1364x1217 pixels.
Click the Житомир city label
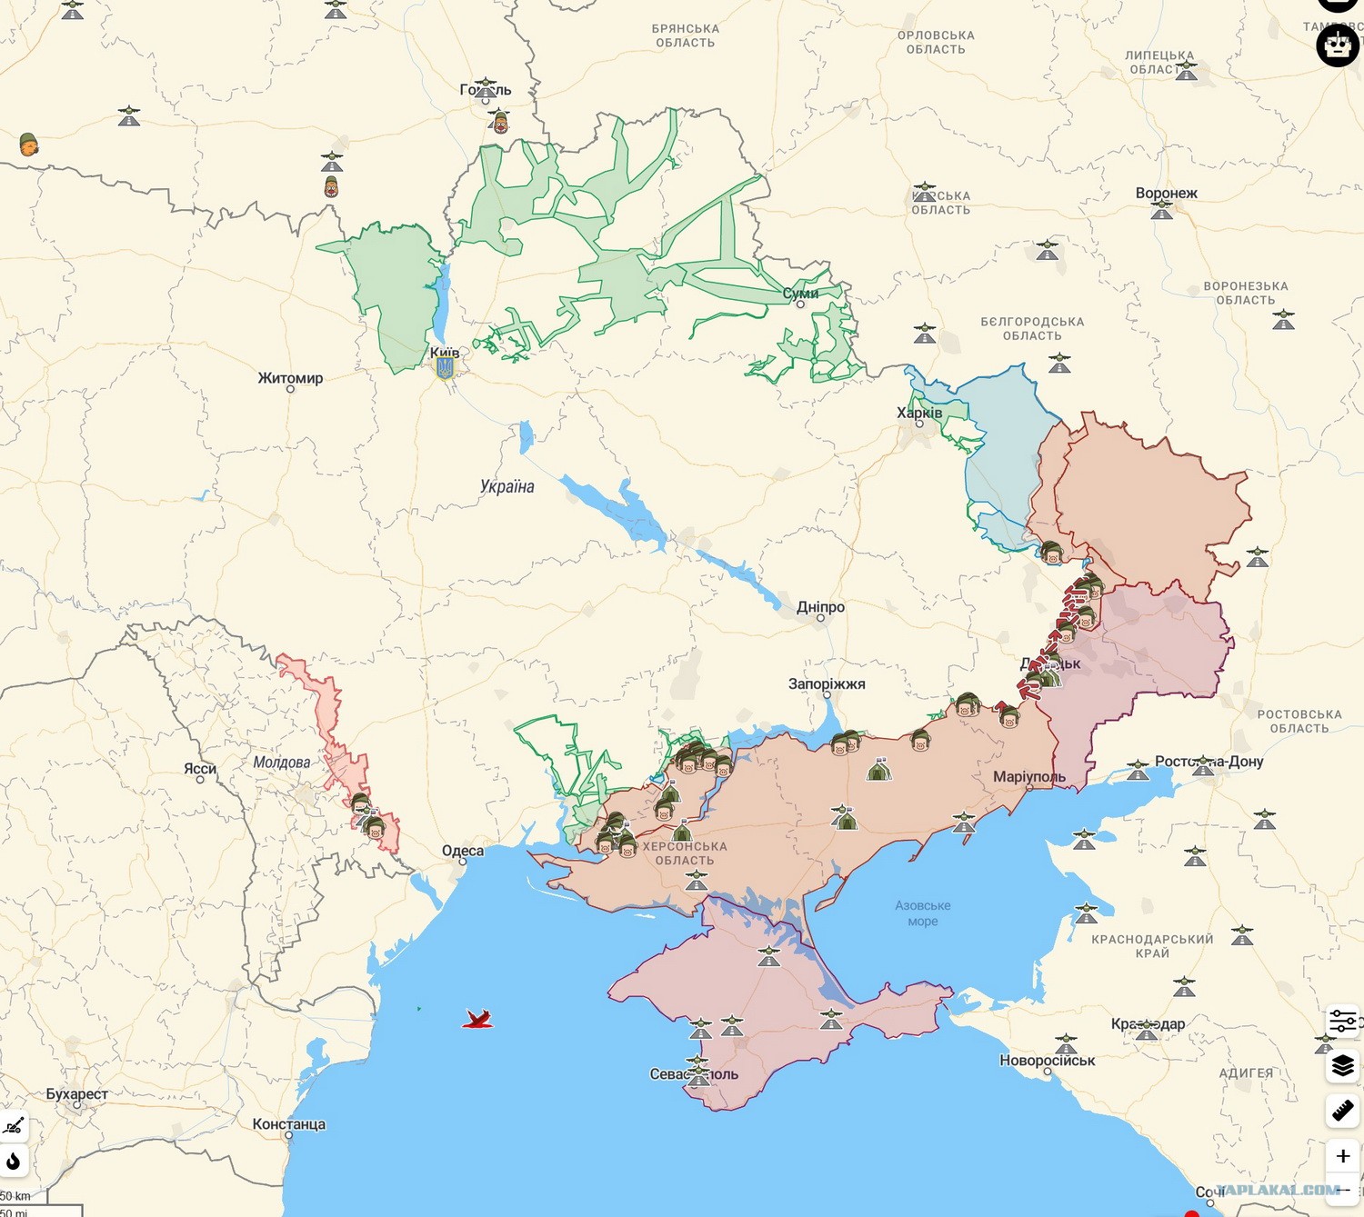[290, 378]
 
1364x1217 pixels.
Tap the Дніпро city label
[820, 607]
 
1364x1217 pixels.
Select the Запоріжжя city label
[827, 683]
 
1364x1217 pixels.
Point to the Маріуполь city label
[1028, 777]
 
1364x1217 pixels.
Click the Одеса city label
[463, 852]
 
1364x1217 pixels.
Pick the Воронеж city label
[1166, 194]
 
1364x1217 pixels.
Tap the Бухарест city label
[77, 1094]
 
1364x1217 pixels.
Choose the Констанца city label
[288, 1124]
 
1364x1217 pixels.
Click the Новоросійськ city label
[1047, 1061]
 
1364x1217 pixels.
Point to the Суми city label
[800, 294]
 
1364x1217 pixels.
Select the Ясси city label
[200, 769]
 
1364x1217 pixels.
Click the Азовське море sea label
[922, 913]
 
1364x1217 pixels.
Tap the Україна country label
[506, 487]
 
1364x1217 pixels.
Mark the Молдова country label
[281, 763]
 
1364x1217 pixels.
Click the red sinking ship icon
[477, 1019]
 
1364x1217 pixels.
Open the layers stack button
[1342, 1065]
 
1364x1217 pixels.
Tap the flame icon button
[14, 1161]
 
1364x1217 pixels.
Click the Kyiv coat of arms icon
[445, 367]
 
